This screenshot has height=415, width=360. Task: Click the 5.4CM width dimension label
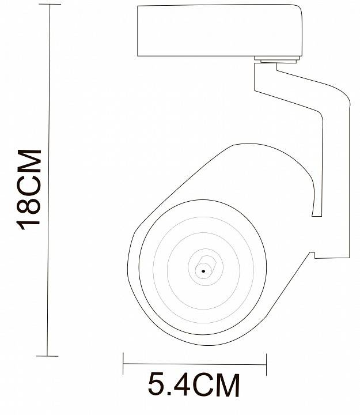(194, 385)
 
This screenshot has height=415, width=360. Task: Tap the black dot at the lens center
(203, 269)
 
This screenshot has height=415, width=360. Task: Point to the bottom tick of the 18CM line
(47, 356)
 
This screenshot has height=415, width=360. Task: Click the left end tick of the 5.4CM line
(123, 364)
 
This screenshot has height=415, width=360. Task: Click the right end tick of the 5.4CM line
(267, 364)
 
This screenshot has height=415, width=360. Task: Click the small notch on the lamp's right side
(314, 254)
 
